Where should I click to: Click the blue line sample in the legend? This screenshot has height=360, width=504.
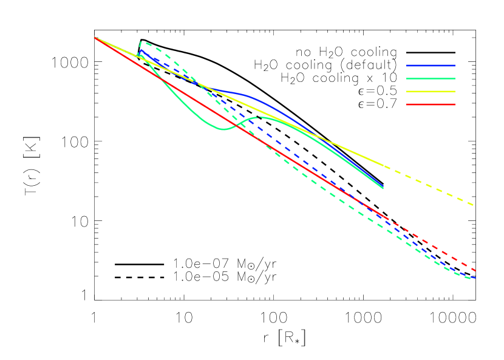click(431, 66)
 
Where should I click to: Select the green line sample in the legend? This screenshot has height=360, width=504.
click(431, 78)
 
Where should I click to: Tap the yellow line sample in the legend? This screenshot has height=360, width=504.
click(431, 92)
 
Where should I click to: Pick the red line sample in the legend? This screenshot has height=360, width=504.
click(431, 104)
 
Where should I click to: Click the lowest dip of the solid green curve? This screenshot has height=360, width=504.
click(222, 129)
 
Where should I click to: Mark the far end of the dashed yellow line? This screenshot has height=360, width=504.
click(472, 205)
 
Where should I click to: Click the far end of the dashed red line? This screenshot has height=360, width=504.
click(475, 270)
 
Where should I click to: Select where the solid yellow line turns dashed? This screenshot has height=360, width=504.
click(385, 166)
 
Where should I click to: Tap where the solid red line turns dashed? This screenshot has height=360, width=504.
click(387, 219)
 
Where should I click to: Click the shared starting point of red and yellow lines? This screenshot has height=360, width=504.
click(94, 38)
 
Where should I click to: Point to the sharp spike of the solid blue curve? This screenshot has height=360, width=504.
click(141, 51)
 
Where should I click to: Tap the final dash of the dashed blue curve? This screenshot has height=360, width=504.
click(472, 277)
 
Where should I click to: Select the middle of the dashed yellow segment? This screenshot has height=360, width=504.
click(429, 185)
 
